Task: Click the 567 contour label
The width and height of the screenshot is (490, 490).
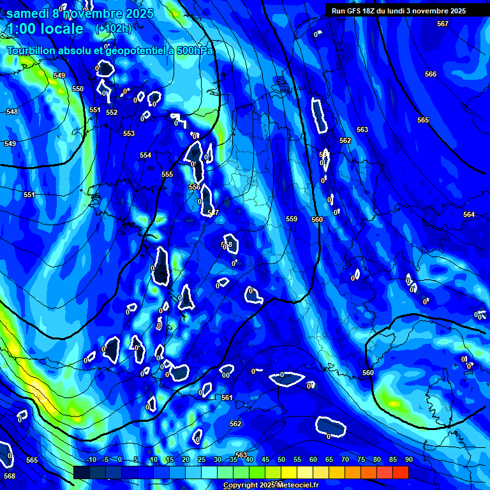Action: pyautogui.click(x=443, y=24)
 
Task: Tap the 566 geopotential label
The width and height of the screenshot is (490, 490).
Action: pyautogui.click(x=431, y=74)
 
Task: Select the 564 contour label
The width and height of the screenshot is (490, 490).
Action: pyautogui.click(x=469, y=214)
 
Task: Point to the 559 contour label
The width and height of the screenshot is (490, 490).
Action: pyautogui.click(x=292, y=219)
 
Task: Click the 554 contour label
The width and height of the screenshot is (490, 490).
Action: pyautogui.click(x=145, y=155)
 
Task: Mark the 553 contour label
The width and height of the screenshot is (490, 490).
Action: pyautogui.click(x=129, y=133)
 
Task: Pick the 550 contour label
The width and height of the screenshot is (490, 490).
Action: pyautogui.click(x=78, y=89)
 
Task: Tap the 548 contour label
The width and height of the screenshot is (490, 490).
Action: pyautogui.click(x=12, y=112)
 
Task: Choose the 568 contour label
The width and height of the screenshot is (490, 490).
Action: pyautogui.click(x=10, y=476)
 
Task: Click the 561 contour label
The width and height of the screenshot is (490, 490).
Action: pyautogui.click(x=226, y=397)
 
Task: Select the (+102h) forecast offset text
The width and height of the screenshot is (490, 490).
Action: pyautogui.click(x=113, y=28)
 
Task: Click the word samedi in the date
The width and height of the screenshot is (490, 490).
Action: pyautogui.click(x=29, y=13)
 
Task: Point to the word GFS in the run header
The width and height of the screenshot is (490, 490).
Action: pyautogui.click(x=357, y=11)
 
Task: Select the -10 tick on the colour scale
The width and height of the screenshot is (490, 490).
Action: pyautogui.click(x=91, y=460)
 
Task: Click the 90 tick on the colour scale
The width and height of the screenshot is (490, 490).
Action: pyautogui.click(x=408, y=460)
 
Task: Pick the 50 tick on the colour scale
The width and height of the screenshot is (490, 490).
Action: pyautogui.click(x=281, y=460)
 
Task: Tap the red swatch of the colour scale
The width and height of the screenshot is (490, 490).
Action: pyautogui.click(x=400, y=472)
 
